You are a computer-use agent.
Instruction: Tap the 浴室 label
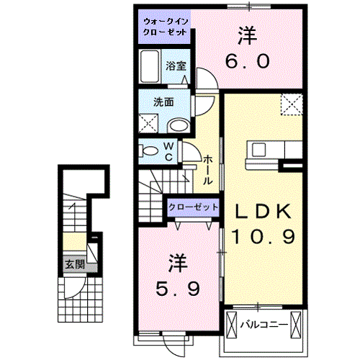(x=176, y=66)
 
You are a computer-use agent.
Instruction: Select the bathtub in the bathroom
(x=150, y=68)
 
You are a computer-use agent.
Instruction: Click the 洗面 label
(x=163, y=102)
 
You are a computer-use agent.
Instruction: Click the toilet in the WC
(x=150, y=151)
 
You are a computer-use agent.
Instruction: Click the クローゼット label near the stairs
(x=193, y=207)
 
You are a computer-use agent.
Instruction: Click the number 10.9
(x=263, y=236)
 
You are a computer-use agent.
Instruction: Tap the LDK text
(x=264, y=211)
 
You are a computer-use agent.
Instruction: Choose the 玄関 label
(x=71, y=264)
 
